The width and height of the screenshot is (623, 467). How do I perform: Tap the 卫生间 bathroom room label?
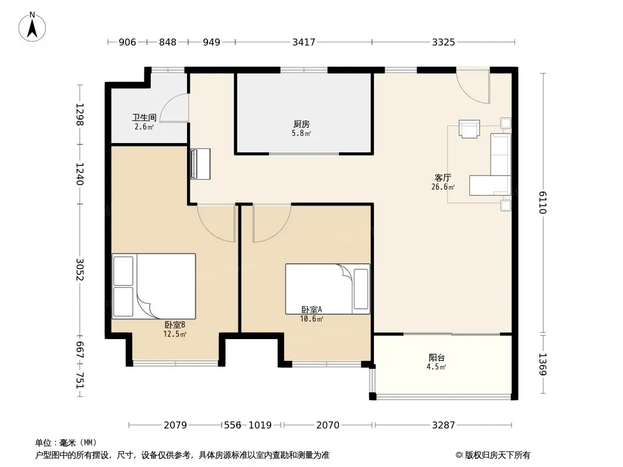point(144,117)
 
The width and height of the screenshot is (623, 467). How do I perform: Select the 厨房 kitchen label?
point(302,124)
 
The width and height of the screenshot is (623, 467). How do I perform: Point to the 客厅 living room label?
point(442,178)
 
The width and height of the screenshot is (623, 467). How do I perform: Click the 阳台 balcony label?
point(437,357)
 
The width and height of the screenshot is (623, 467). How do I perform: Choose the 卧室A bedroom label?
point(311,309)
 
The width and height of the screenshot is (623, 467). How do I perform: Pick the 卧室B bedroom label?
point(175,325)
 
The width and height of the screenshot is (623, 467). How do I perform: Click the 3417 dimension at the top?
point(304,42)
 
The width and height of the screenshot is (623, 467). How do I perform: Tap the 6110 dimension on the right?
point(543,203)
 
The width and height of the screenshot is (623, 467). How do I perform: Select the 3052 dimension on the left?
point(80,270)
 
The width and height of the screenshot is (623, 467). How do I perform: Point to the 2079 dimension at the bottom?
point(175,426)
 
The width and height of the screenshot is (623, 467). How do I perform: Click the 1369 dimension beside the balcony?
point(543,364)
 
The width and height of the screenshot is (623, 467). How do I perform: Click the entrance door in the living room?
point(473,86)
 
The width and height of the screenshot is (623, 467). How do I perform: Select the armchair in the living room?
point(469,128)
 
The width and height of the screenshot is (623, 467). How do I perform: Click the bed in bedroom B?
point(154,286)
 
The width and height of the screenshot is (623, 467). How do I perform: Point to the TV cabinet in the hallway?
point(200,164)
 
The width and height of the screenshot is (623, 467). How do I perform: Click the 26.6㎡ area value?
point(443,187)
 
